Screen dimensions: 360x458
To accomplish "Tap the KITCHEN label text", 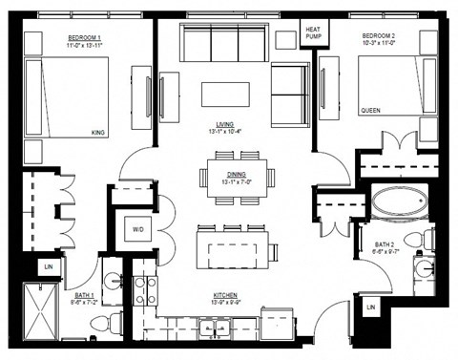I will point(225,295).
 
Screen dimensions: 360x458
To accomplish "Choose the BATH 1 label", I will point(85,295).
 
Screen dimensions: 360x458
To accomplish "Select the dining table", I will point(238,183).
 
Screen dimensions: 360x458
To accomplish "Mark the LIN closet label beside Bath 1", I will point(45,268).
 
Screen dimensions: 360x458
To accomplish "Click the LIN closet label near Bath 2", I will point(370,307).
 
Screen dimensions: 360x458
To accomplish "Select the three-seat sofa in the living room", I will point(223,44).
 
